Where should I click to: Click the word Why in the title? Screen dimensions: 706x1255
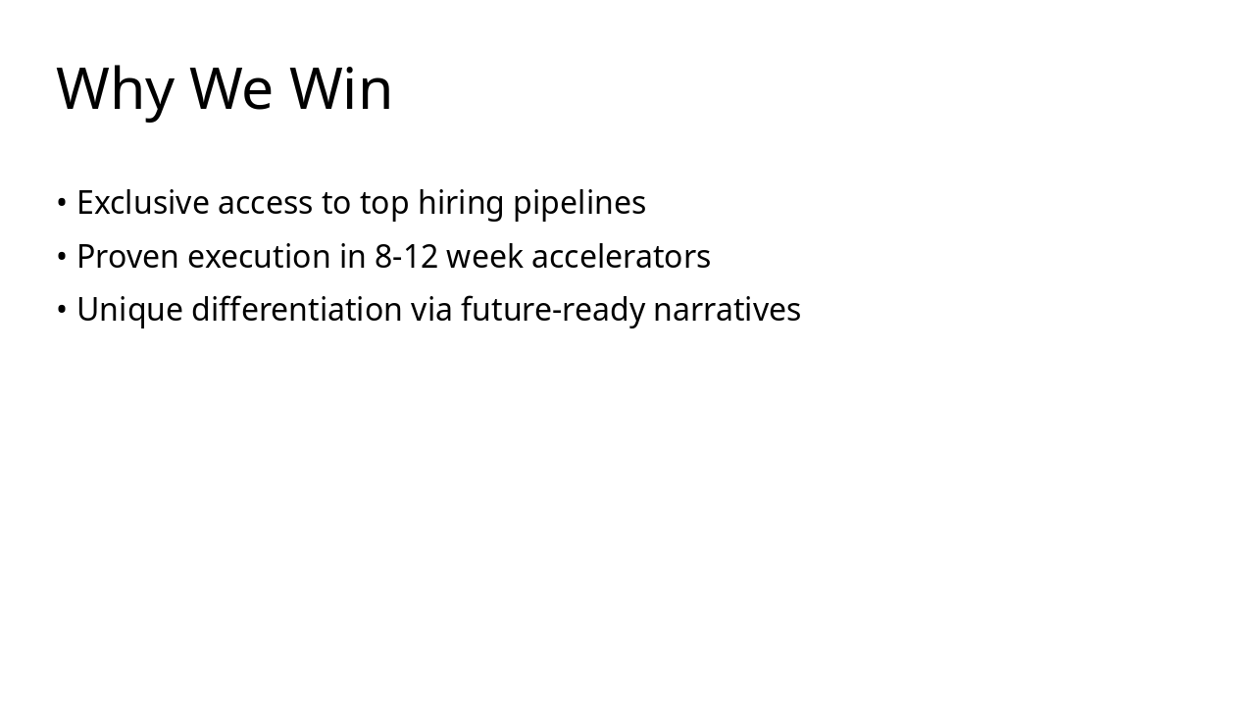coord(115,89)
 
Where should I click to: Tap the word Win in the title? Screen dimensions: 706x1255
coord(341,89)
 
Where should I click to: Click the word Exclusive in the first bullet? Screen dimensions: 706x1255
coord(143,203)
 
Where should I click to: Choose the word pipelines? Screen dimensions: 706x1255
coord(579,203)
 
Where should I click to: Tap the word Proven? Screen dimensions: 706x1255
coord(127,257)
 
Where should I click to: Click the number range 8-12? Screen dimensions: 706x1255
coord(406,257)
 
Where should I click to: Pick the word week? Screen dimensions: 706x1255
coord(484,257)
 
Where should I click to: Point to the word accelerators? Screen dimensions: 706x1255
coord(621,257)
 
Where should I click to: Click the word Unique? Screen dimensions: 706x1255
coord(129,310)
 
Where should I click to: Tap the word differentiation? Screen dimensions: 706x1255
coord(296,310)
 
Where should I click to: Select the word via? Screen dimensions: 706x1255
coord(431,310)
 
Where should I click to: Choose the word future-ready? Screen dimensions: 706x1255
coord(553,310)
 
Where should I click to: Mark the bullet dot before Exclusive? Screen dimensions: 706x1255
coord(62,203)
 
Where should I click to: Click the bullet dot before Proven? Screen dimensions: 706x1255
coord(62,257)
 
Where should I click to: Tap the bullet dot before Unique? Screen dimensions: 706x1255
coord(62,310)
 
